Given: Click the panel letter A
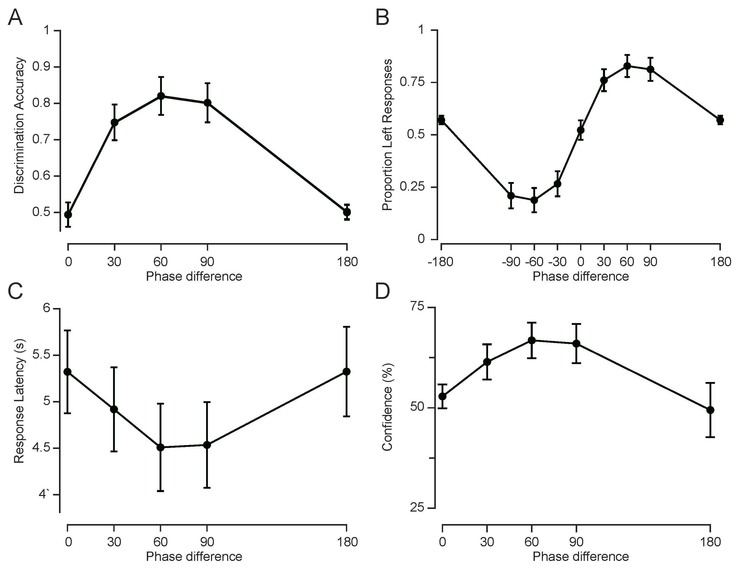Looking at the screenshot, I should click(15, 18).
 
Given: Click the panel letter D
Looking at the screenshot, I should click(383, 291).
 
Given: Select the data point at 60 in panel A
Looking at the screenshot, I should click(161, 96).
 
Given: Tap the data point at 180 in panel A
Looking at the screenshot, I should click(347, 212).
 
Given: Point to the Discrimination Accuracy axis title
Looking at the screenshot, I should click(19, 126).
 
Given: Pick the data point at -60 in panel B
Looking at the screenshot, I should click(534, 200).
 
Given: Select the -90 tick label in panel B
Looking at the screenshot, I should click(511, 261).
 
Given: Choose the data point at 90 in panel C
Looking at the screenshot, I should click(207, 445).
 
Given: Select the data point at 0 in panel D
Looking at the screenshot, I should click(443, 396).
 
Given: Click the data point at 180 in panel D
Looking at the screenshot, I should click(710, 410).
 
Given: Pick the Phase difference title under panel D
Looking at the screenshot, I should click(581, 556).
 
